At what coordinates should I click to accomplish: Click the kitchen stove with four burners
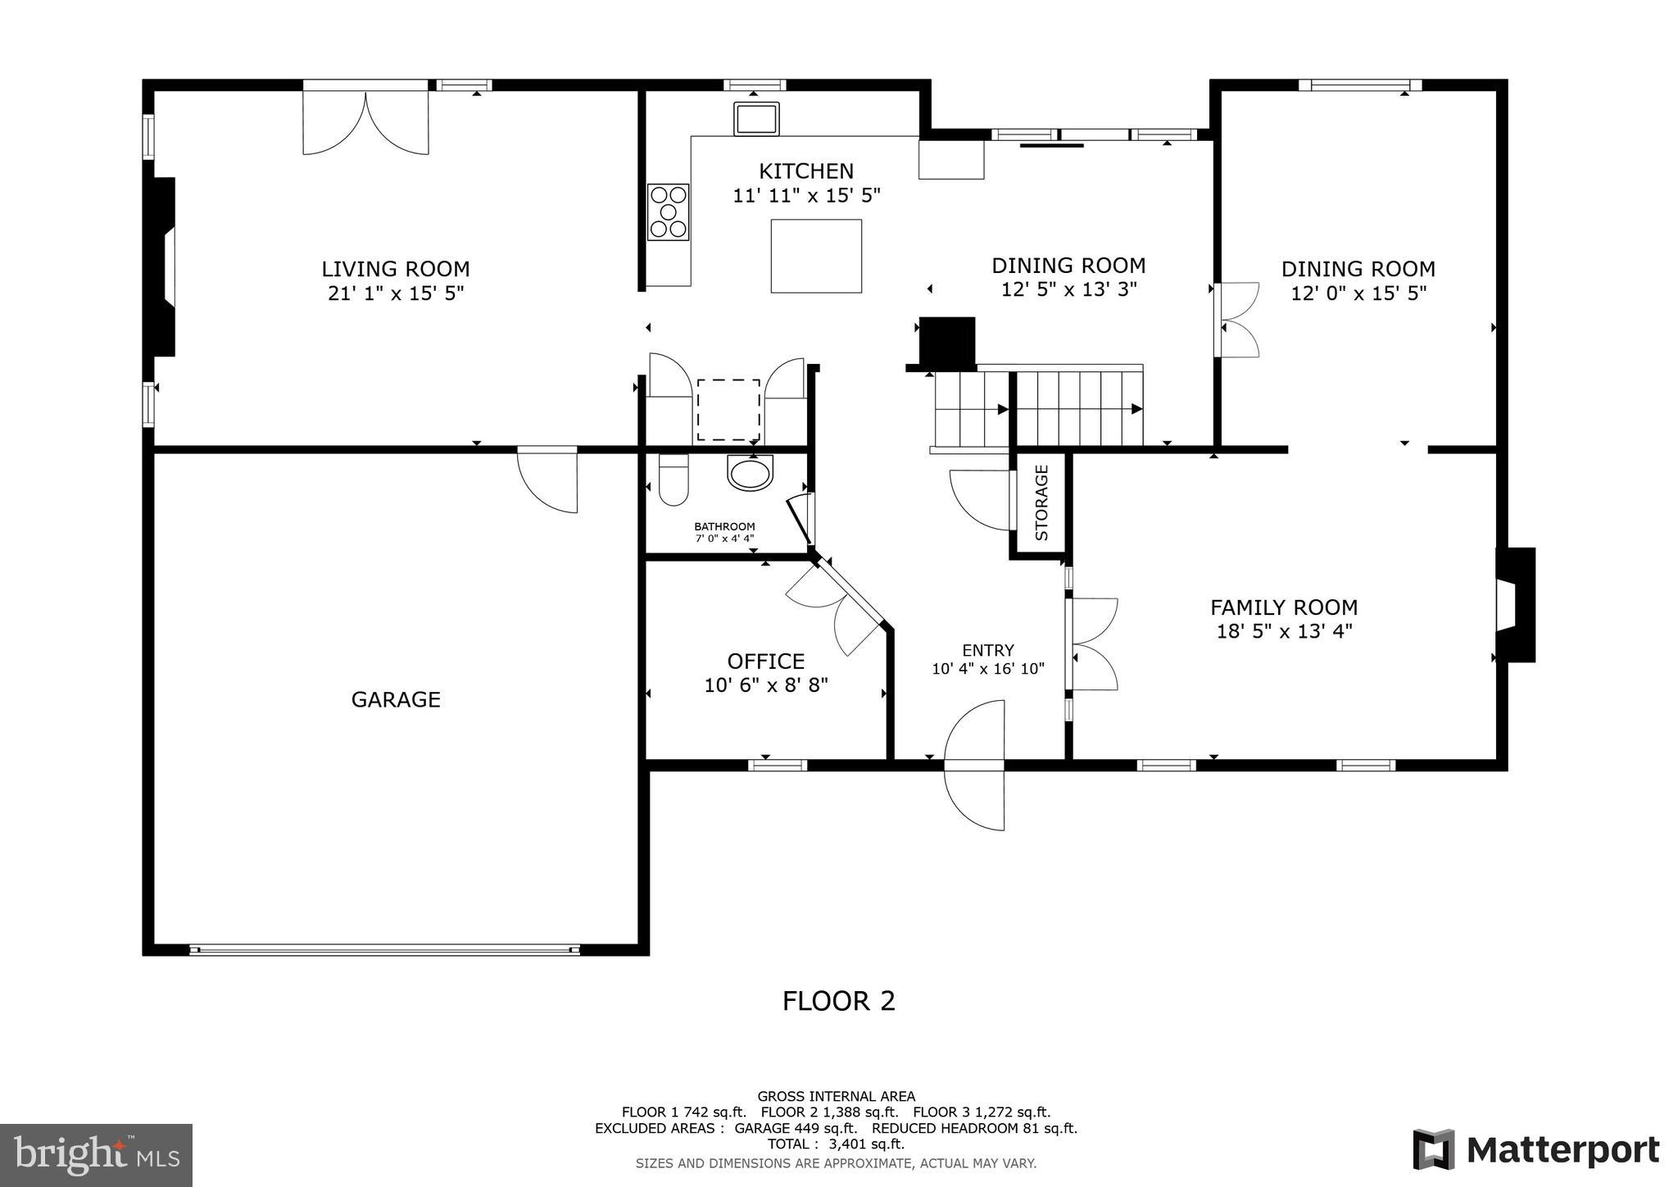pyautogui.click(x=669, y=212)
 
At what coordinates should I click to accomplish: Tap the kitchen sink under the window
pyautogui.click(x=756, y=119)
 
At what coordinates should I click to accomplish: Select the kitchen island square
pyautogui.click(x=816, y=256)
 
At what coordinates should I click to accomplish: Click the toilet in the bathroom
pyautogui.click(x=673, y=481)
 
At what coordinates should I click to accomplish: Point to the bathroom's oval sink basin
pyautogui.click(x=750, y=473)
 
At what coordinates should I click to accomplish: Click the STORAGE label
pyautogui.click(x=1041, y=503)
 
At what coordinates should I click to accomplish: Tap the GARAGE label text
pyautogui.click(x=396, y=699)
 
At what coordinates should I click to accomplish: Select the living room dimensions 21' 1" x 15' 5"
pyautogui.click(x=396, y=293)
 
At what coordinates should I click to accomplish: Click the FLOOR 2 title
pyautogui.click(x=838, y=1001)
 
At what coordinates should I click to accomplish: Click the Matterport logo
pyautogui.click(x=1535, y=1150)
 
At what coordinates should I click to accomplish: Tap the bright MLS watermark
pyautogui.click(x=96, y=1155)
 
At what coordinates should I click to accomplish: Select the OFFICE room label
pyautogui.click(x=766, y=661)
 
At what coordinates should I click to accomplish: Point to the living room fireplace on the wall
pyautogui.click(x=164, y=267)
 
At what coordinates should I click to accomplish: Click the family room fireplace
pyautogui.click(x=1515, y=605)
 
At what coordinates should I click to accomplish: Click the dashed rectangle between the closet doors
pyautogui.click(x=728, y=410)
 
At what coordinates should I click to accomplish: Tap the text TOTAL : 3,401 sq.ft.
pyautogui.click(x=836, y=1144)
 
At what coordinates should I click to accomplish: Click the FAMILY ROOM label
pyautogui.click(x=1284, y=607)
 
